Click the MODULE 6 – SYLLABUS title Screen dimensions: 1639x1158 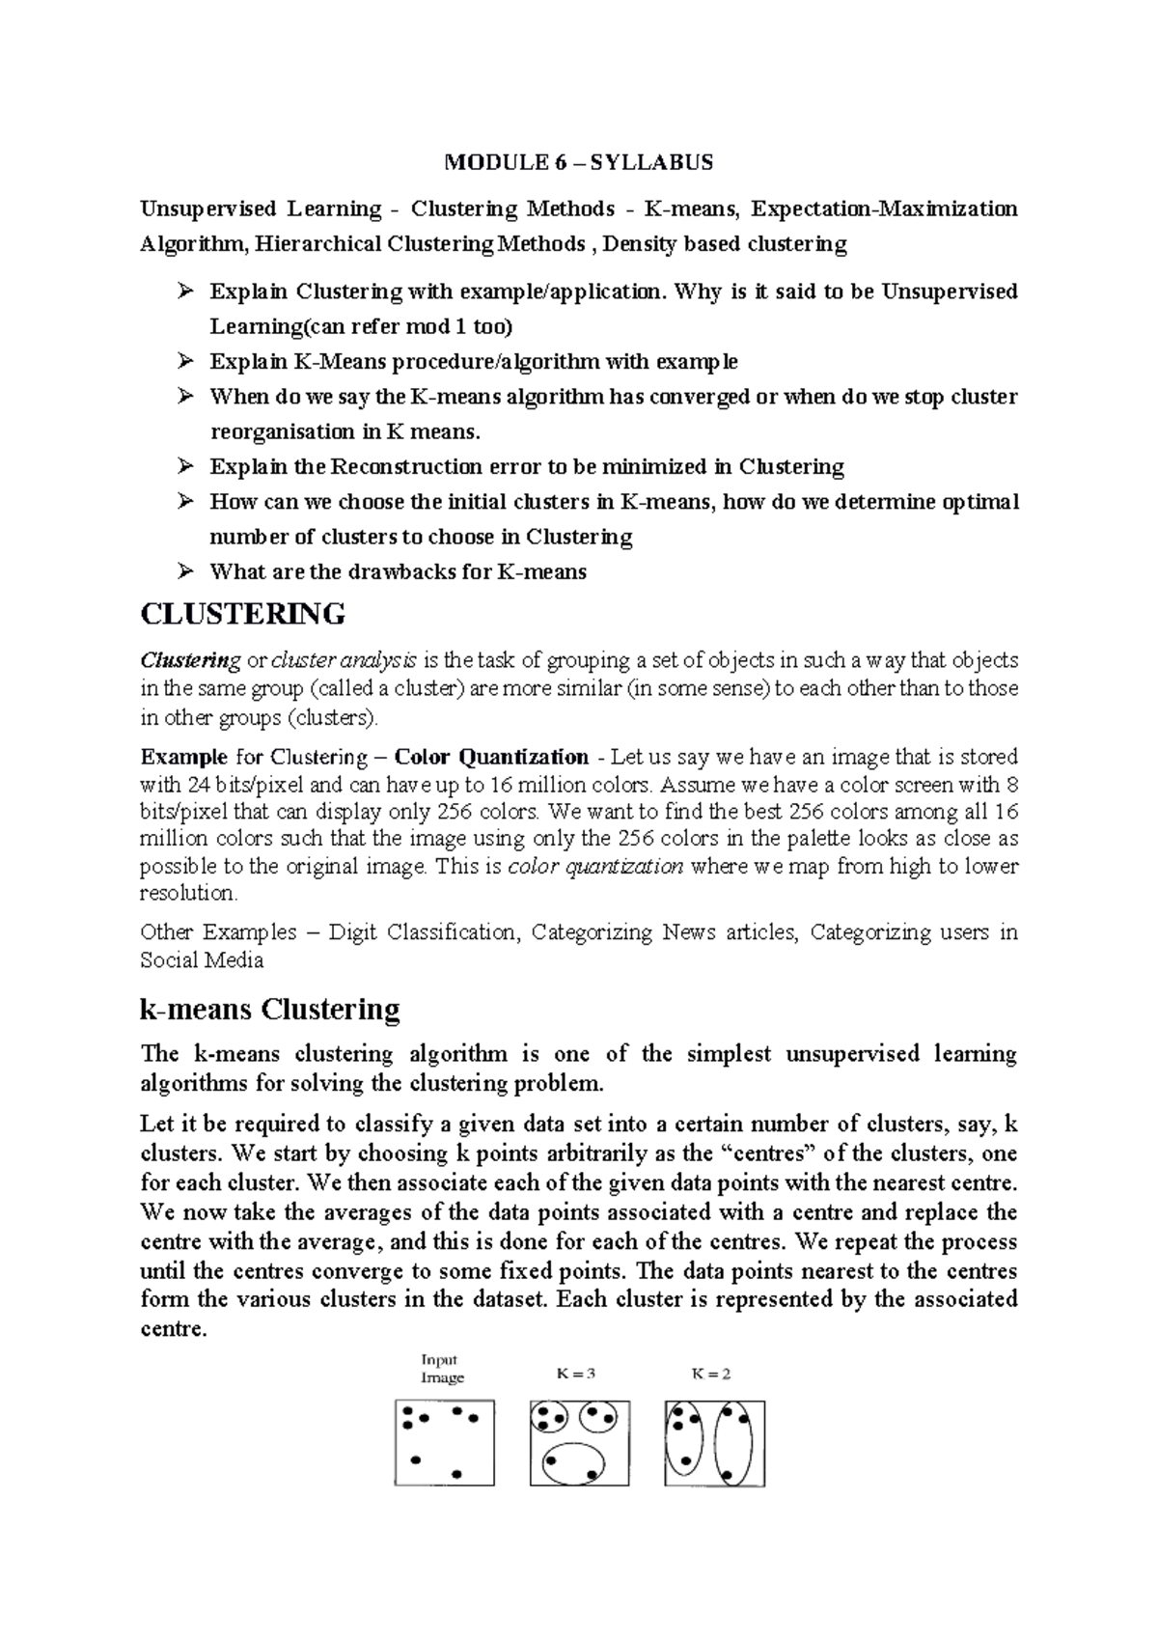(578, 162)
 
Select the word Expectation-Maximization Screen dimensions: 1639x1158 (884, 208)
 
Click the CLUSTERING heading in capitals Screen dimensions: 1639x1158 (242, 614)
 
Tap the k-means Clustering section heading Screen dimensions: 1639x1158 (269, 1010)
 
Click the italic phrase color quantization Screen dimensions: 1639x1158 (595, 866)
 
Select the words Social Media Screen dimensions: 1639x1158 (201, 960)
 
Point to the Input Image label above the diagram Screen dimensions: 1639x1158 (442, 1369)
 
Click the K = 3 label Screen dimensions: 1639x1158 (576, 1374)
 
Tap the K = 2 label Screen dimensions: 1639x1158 (710, 1374)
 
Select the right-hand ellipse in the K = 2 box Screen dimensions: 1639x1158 (732, 1443)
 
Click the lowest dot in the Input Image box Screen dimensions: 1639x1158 (456, 1474)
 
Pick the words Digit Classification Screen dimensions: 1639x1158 (423, 932)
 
